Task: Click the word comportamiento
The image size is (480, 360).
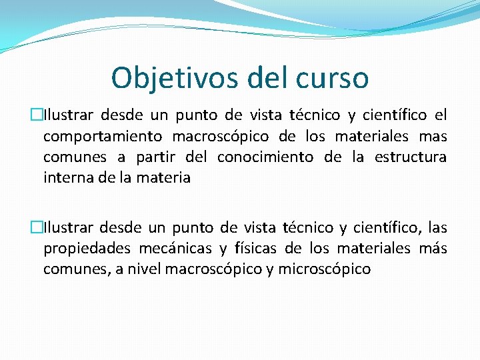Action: (102, 137)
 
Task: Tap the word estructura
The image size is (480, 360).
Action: (411, 157)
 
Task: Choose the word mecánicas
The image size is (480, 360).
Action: (175, 249)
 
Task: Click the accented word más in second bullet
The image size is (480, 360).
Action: (433, 249)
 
